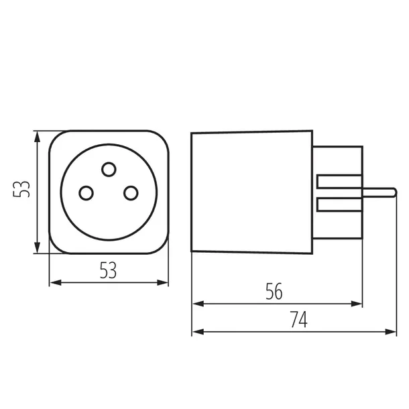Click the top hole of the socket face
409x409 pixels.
[108, 168]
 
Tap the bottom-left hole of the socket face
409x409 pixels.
[85, 193]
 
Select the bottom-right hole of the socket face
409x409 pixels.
[130, 193]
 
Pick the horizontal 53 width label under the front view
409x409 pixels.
[108, 270]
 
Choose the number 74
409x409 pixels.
[298, 320]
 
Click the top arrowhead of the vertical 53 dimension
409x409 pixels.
[38, 135]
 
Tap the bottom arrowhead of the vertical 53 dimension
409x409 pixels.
[38, 249]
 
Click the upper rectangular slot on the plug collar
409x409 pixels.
[339, 181]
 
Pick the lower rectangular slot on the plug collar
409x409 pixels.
[339, 203]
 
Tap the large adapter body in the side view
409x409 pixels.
[251, 192]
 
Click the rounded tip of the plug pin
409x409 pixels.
[392, 192]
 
